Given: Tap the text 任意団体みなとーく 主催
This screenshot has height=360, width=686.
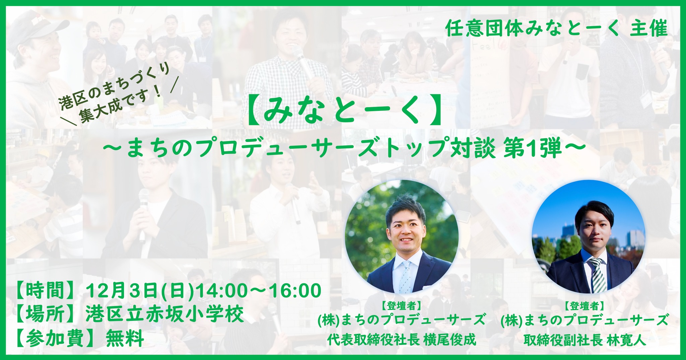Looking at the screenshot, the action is coord(556,29).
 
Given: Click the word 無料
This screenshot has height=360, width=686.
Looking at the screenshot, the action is coord(125,339).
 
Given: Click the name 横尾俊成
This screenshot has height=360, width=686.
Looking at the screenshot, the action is coord(450,340).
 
